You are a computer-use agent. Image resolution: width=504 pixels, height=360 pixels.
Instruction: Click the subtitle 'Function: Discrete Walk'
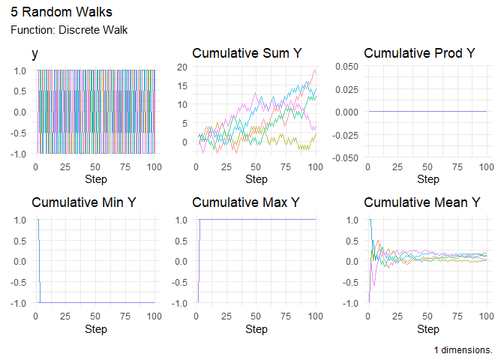pyautogui.click(x=69, y=30)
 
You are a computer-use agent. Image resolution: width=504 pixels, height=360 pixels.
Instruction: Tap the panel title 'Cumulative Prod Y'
pyautogui.click(x=419, y=53)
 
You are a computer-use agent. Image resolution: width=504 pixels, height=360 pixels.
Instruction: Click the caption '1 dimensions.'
pyautogui.click(x=463, y=350)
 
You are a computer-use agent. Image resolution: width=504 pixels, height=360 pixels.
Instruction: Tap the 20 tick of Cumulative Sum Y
pyautogui.click(x=182, y=67)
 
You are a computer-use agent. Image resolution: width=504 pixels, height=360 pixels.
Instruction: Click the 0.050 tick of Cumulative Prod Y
pyautogui.click(x=347, y=67)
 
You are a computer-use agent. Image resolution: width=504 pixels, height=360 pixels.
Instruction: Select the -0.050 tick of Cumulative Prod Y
pyautogui.click(x=346, y=157)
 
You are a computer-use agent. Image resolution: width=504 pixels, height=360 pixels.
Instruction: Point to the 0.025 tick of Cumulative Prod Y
pyautogui.click(x=347, y=89)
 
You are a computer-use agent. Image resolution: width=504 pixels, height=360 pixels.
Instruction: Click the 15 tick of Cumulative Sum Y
pyautogui.click(x=182, y=85)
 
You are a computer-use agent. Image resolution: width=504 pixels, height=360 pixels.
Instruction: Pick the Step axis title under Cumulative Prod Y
pyautogui.click(x=427, y=179)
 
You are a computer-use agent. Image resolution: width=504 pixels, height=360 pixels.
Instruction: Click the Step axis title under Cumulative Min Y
pyautogui.click(x=96, y=328)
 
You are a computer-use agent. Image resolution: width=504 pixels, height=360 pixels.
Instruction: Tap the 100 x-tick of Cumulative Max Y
pyautogui.click(x=315, y=316)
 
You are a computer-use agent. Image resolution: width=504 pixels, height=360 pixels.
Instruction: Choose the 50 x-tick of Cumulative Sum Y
pyautogui.click(x=256, y=166)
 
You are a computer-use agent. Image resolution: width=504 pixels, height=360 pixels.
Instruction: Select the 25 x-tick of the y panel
pyautogui.click(x=66, y=166)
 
